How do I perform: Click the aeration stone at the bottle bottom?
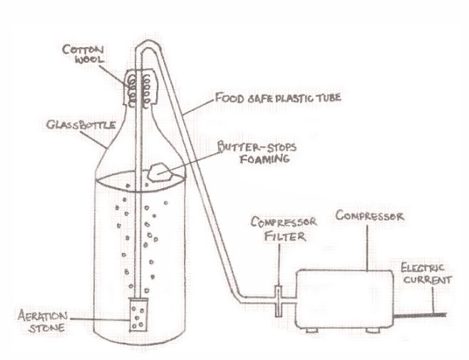coord(139,315)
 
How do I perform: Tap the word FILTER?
coord(276,238)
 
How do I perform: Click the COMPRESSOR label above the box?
coord(368,214)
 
